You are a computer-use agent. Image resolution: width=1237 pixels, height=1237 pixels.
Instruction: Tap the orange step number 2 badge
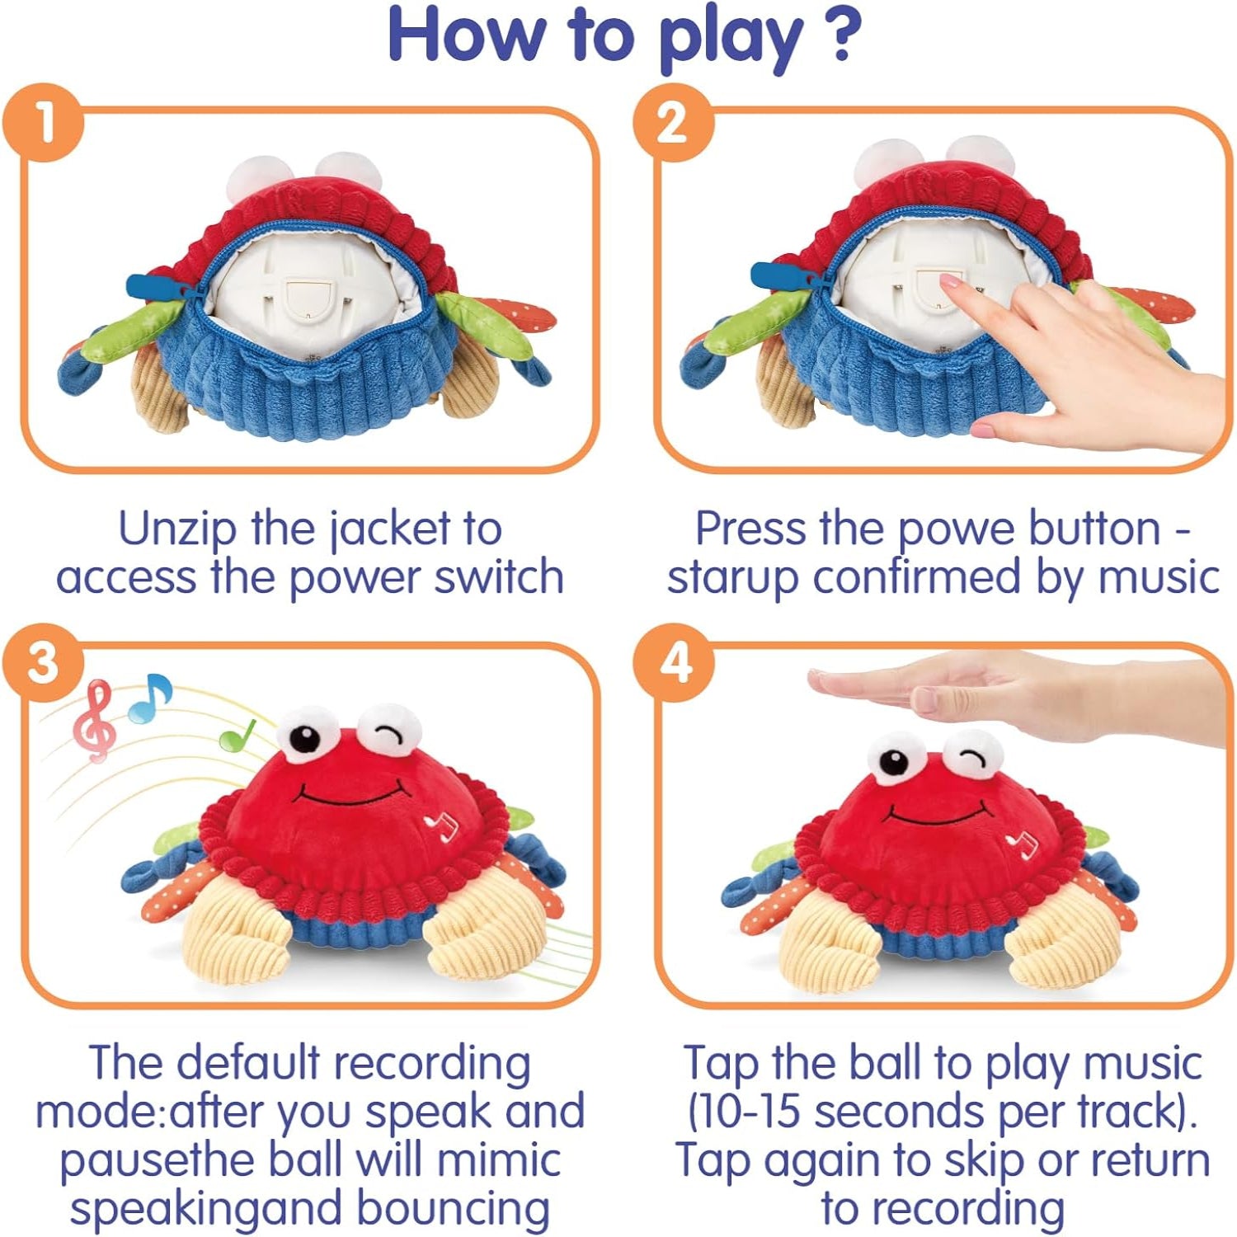[x=672, y=121]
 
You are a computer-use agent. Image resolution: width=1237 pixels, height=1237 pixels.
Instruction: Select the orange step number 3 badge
[x=44, y=662]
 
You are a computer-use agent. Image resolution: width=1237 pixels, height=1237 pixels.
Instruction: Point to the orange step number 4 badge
[x=674, y=662]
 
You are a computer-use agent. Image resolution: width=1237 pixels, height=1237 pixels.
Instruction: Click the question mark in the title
[x=842, y=35]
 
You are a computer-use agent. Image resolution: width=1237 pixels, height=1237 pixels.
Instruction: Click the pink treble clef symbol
[x=93, y=719]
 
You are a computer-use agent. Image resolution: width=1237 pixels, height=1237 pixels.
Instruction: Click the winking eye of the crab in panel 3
[x=388, y=732]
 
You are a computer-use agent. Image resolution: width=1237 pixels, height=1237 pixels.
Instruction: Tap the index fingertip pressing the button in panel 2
[x=949, y=282]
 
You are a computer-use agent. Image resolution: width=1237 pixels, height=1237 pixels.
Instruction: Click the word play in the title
[x=731, y=36]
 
